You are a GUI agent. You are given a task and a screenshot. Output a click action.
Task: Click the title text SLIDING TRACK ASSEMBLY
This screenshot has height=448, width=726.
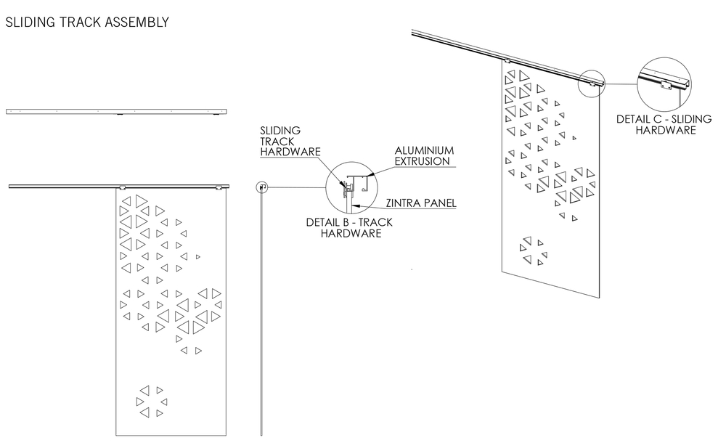click(87, 23)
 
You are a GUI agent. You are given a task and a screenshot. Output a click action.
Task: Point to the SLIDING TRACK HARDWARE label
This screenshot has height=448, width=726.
click(281, 142)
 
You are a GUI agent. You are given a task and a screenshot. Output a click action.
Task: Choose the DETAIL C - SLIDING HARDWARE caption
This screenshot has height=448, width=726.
click(664, 124)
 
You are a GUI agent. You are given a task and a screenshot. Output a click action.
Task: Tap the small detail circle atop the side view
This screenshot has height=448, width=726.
click(262, 187)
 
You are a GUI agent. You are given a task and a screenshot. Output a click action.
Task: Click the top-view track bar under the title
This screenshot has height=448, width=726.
click(116, 112)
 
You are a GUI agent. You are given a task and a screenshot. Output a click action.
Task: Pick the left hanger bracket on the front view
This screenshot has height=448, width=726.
click(123, 188)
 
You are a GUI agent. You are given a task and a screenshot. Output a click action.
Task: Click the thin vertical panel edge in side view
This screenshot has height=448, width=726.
click(261, 312)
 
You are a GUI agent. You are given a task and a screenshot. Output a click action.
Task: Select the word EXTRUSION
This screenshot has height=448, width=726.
click(423, 161)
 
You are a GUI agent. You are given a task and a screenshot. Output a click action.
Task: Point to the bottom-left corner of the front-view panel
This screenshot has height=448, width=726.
click(116, 435)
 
